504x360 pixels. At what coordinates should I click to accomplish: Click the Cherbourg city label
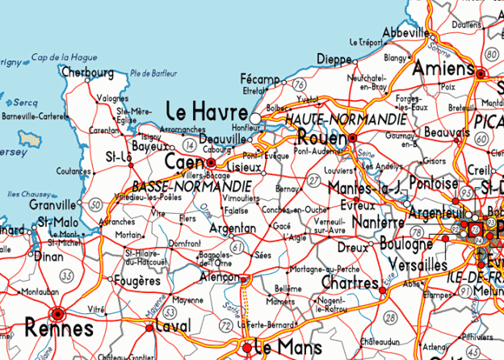(87, 73)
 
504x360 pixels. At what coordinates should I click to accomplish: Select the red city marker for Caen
(212, 162)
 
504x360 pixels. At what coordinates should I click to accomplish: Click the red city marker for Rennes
(57, 314)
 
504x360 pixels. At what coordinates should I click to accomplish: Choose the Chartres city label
(349, 283)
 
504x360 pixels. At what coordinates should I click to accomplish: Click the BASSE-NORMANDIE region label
(179, 186)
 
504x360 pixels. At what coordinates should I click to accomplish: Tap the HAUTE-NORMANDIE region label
(346, 119)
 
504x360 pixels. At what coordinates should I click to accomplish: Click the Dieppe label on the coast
(334, 59)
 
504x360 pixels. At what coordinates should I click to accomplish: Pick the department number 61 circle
(237, 246)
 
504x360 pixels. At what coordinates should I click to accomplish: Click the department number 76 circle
(300, 84)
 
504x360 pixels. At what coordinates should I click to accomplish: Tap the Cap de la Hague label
(64, 57)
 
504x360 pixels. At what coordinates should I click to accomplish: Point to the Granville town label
(54, 205)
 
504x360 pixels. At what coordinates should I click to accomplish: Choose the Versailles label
(418, 265)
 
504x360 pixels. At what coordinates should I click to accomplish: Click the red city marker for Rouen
(352, 139)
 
